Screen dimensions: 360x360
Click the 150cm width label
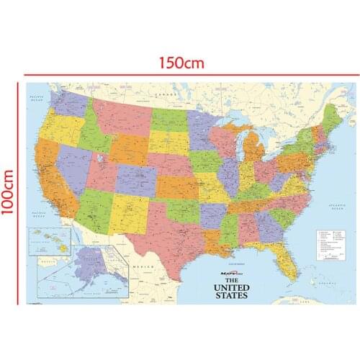pyautogui.click(x=181, y=63)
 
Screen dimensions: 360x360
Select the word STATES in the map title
pyautogui.click(x=230, y=295)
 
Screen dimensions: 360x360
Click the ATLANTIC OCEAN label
pyautogui.click(x=336, y=208)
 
